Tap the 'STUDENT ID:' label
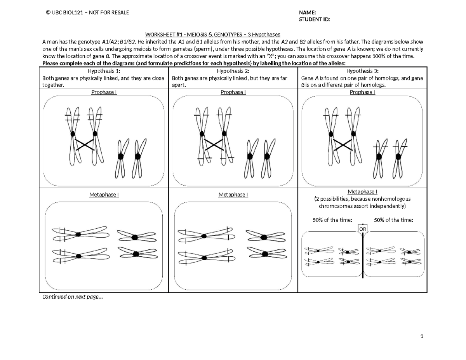315,19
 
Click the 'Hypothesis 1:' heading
104,71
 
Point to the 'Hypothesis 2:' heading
233,71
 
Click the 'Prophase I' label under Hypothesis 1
104,92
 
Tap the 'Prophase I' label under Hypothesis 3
362,92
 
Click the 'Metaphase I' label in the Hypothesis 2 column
233,195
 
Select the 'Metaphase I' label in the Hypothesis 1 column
104,195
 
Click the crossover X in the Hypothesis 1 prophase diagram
85,145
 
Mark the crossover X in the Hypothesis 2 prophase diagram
214,145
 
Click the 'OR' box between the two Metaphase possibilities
362,230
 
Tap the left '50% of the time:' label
332,220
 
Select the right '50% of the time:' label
394,220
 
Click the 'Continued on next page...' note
73,297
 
